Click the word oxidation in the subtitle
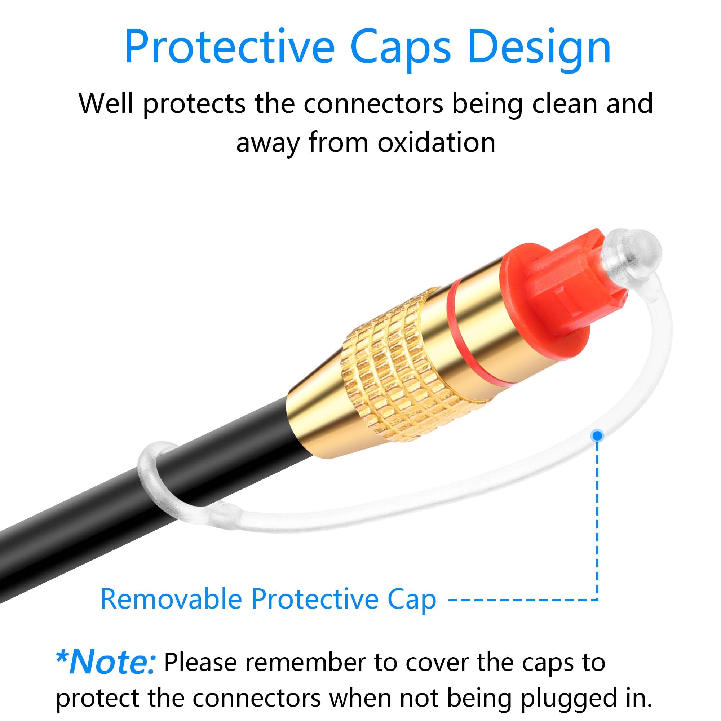pos(436,142)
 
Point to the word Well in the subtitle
pos(106,103)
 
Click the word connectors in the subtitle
pos(373,103)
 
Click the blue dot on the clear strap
pos(597,435)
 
